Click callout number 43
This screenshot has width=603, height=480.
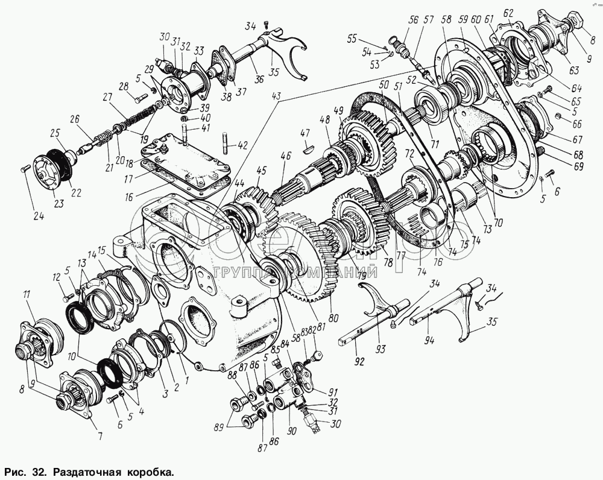pyautogui.click(x=277, y=96)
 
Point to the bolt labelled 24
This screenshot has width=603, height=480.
pyautogui.click(x=25, y=169)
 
